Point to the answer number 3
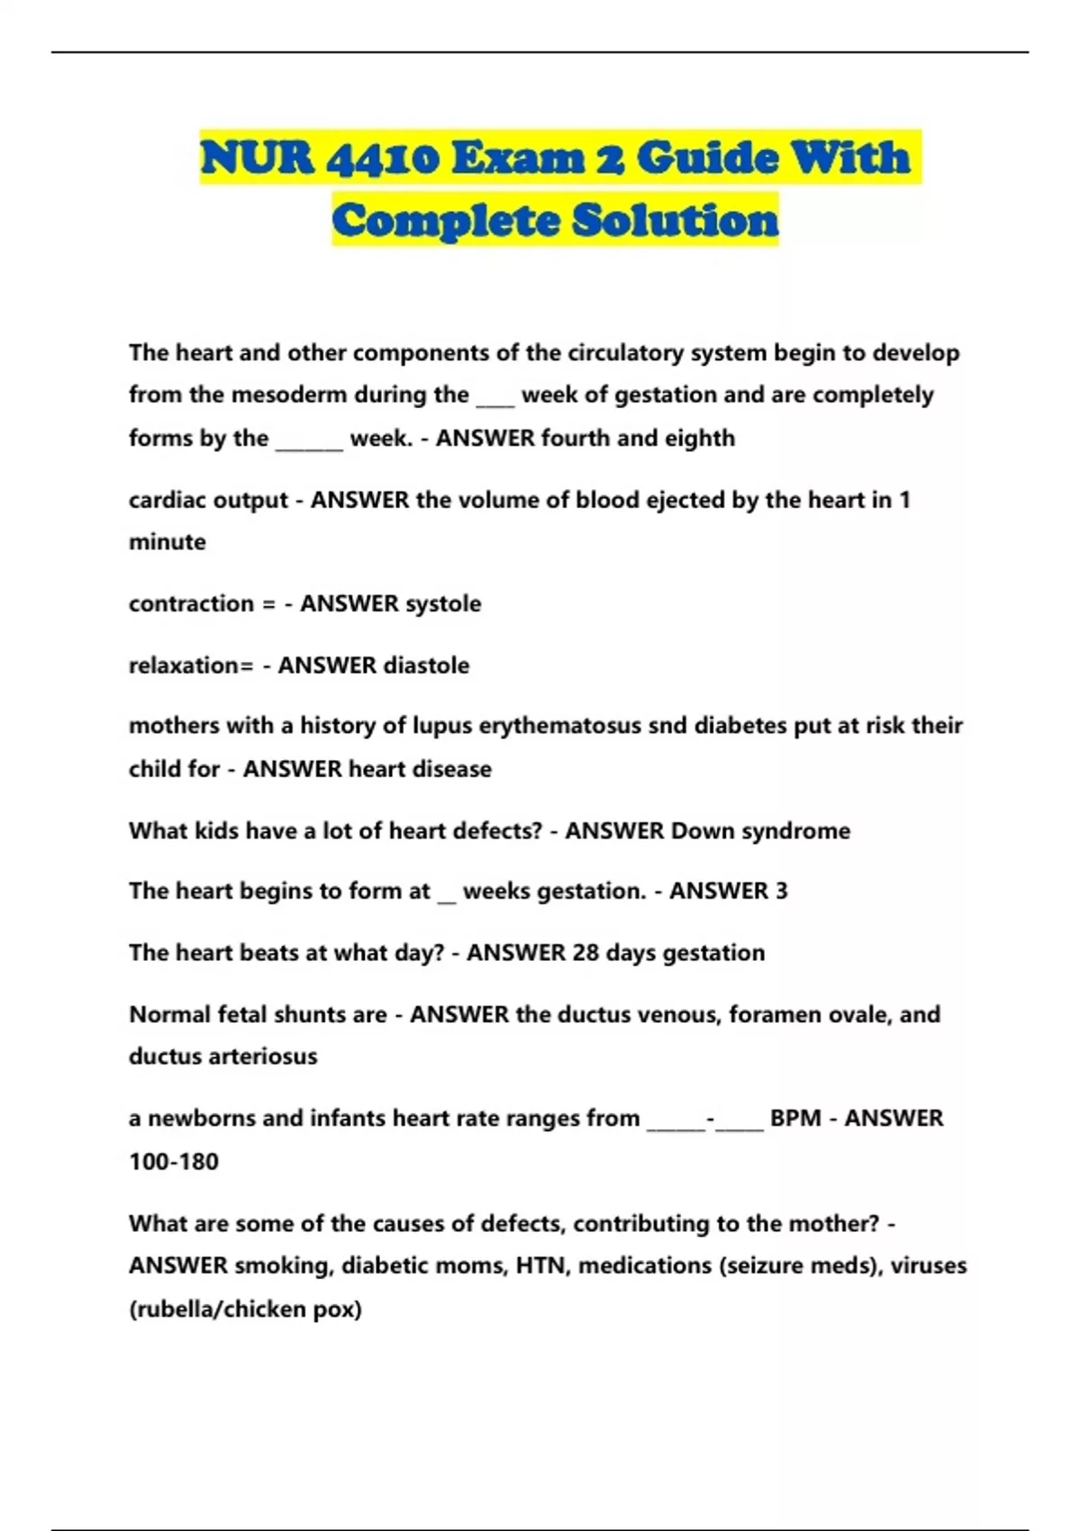(x=781, y=891)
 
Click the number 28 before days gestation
(x=585, y=953)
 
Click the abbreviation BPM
(x=795, y=1118)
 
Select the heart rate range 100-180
(x=174, y=1161)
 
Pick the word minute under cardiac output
(x=168, y=542)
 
